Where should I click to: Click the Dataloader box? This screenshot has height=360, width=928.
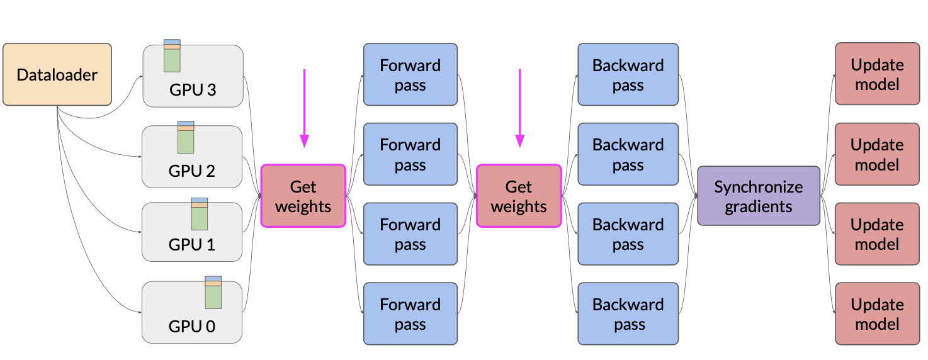click(x=57, y=74)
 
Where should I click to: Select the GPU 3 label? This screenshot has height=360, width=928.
click(x=193, y=90)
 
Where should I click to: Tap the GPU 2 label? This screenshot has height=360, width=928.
click(x=192, y=171)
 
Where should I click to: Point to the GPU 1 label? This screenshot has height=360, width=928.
click(x=192, y=245)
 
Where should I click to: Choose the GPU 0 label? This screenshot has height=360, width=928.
click(x=192, y=327)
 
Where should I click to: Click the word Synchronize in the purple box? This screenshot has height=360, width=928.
click(x=759, y=188)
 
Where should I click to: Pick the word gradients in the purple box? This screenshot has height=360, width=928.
click(x=759, y=206)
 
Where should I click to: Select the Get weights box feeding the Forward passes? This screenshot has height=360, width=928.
click(x=303, y=196)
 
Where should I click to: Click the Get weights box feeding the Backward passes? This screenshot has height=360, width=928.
click(x=519, y=196)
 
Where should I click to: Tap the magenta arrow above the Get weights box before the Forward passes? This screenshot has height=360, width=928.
click(x=305, y=108)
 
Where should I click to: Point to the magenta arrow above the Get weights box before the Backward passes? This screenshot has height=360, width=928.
click(x=520, y=108)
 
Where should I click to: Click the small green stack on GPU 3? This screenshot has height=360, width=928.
click(x=172, y=56)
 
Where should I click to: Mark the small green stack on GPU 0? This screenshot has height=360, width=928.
click(x=213, y=293)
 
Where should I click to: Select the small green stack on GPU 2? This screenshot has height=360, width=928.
click(x=186, y=137)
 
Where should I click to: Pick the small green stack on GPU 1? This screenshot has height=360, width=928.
click(x=200, y=214)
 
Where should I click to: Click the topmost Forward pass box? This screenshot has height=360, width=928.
click(x=410, y=74)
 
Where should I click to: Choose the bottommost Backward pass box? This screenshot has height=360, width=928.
click(x=628, y=314)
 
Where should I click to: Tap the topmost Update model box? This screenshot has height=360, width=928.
click(x=878, y=74)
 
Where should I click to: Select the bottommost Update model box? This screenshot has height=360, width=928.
click(x=878, y=314)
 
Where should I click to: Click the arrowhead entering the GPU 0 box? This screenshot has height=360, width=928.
click(x=140, y=312)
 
